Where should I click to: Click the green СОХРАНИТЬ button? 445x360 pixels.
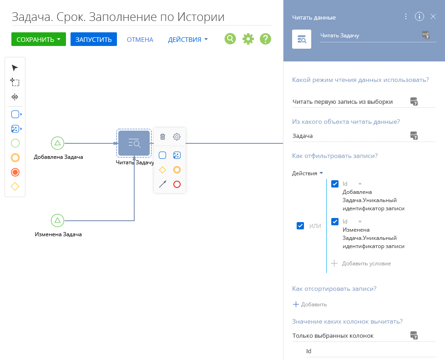tap(39, 39)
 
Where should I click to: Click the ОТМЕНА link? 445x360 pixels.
tap(140, 40)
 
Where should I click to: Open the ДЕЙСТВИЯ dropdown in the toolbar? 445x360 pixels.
tap(187, 40)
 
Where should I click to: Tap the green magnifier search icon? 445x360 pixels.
tap(230, 39)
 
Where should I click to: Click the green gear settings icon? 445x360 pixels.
tap(248, 39)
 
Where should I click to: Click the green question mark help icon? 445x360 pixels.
tap(265, 39)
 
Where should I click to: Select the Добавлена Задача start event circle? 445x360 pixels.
tap(58, 143)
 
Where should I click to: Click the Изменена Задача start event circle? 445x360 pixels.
tap(58, 220)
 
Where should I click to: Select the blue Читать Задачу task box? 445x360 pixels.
tap(134, 143)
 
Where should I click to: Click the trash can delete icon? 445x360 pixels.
tap(162, 137)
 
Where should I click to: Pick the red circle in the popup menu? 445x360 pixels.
tap(177, 184)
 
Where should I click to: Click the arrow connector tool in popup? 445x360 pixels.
tap(162, 184)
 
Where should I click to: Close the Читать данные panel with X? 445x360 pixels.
tap(433, 16)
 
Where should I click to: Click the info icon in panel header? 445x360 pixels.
tap(420, 16)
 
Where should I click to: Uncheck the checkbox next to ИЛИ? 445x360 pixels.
tap(300, 226)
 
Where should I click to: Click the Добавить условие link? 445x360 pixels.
tap(361, 264)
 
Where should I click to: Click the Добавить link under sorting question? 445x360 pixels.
tap(310, 304)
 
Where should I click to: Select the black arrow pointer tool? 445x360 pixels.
tap(15, 68)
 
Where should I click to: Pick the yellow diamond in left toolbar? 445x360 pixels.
tap(15, 187)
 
